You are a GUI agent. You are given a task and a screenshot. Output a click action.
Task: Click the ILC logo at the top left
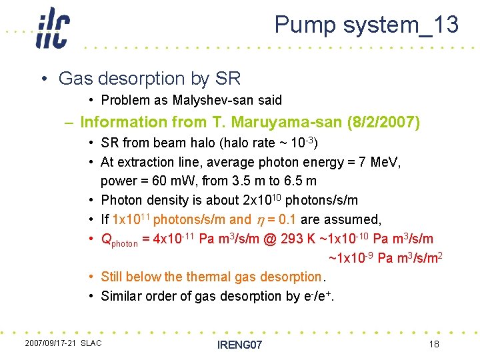click(x=52, y=29)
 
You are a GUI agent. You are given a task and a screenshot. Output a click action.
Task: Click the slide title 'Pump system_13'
click(x=367, y=25)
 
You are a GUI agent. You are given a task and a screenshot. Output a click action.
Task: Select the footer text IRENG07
click(x=240, y=345)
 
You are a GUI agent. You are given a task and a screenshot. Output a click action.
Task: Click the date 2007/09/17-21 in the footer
click(x=50, y=343)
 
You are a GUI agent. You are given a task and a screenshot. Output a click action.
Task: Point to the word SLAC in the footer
click(x=91, y=343)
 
